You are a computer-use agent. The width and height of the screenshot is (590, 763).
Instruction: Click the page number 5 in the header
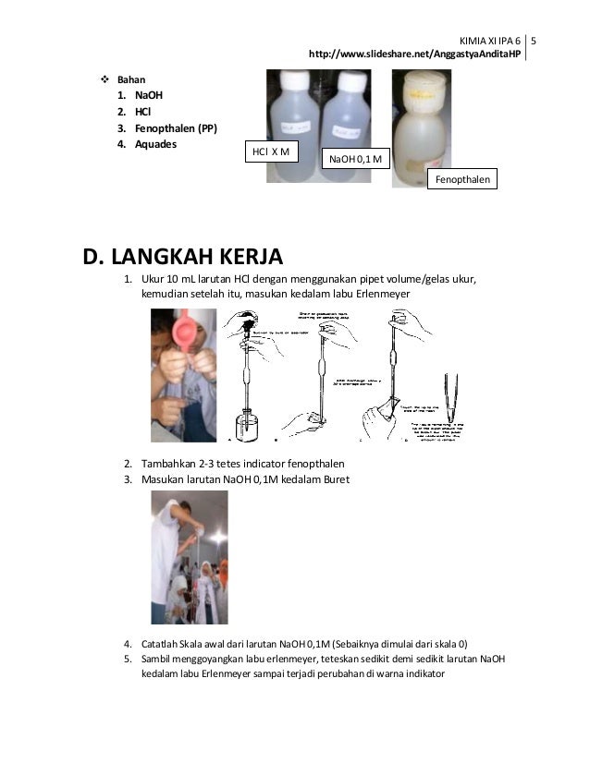tap(536, 41)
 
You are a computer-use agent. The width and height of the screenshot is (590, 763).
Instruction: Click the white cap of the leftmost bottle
tap(289, 78)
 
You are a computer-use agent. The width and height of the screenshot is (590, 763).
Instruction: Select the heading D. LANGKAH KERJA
tap(184, 255)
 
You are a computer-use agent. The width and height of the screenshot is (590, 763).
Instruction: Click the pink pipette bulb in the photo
tap(182, 330)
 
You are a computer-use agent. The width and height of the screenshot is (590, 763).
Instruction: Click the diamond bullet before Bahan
tap(104, 80)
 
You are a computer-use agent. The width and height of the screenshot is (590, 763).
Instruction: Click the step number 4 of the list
tap(129, 643)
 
